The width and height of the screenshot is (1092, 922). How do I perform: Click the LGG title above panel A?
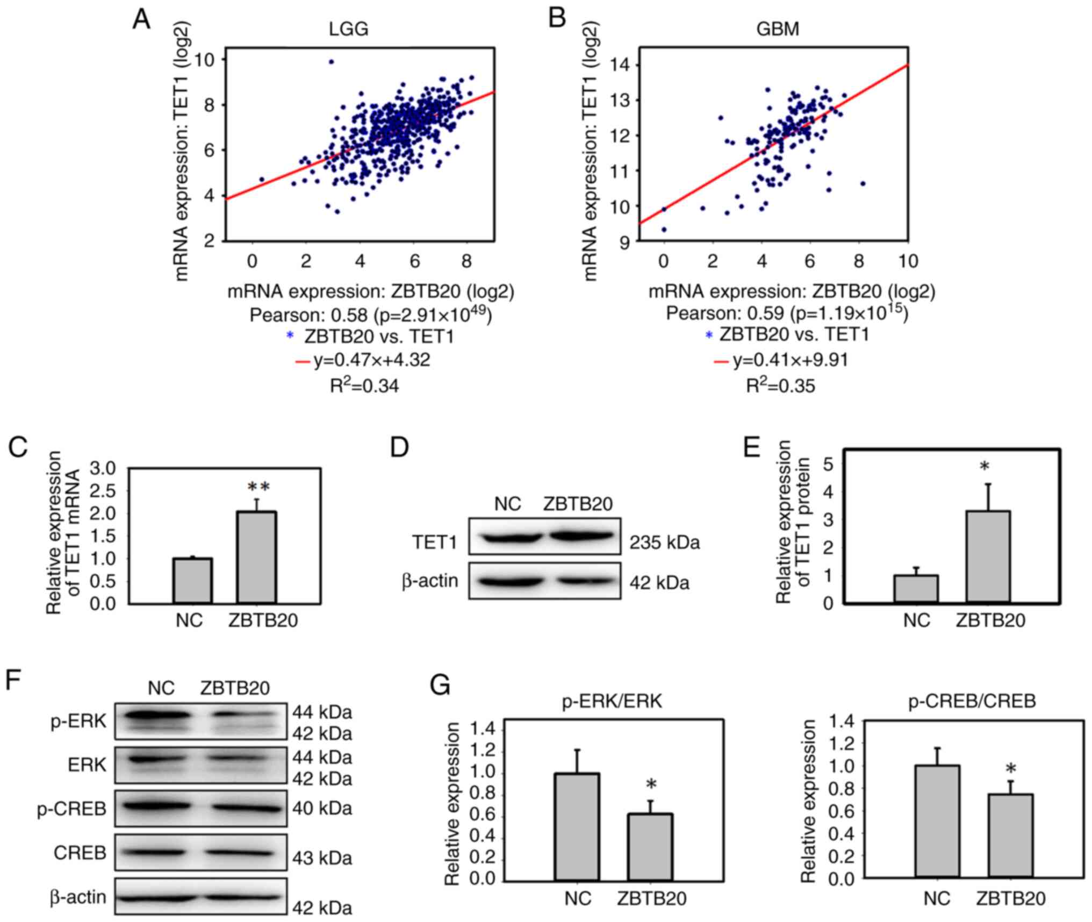349,28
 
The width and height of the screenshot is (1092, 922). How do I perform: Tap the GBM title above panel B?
778,28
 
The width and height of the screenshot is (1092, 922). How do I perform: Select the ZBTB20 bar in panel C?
257,557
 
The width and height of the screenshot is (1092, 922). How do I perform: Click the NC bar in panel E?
916,589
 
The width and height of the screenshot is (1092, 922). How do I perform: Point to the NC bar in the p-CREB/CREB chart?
937,822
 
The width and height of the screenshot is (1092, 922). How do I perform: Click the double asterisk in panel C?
258,487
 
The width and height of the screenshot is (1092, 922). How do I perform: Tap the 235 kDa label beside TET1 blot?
665,543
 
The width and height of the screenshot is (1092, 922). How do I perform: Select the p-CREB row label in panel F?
72,809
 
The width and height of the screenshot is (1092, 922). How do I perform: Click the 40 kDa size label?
322,809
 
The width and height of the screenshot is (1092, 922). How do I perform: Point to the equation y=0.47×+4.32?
372,360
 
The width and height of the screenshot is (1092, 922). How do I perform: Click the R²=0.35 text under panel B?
780,385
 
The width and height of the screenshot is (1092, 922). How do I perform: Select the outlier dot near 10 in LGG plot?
331,62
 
